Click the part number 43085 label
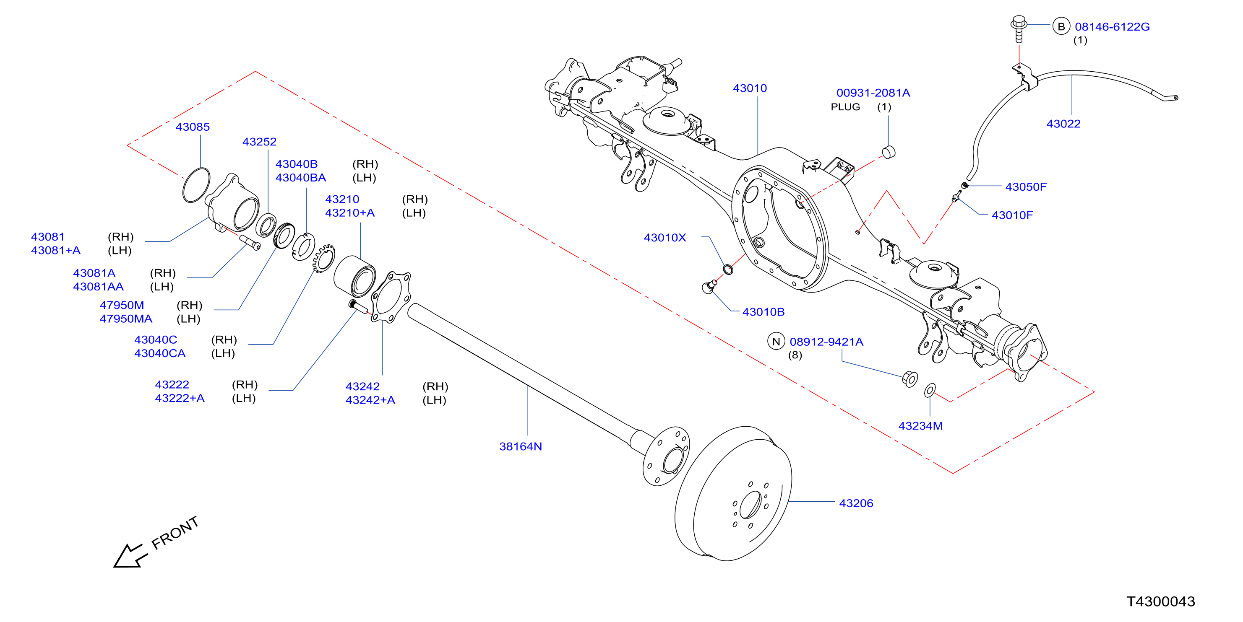[193, 127]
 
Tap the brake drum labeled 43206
[733, 493]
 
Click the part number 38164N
[520, 446]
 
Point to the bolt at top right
[1019, 29]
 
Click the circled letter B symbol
[1061, 26]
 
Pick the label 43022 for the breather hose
[1063, 124]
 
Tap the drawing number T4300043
[1160, 601]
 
